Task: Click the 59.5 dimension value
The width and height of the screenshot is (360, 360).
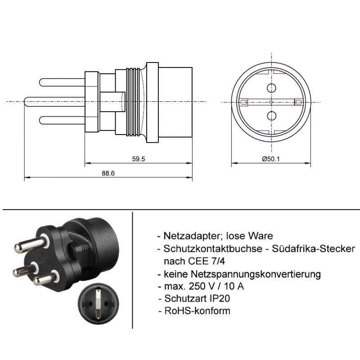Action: pos(139,159)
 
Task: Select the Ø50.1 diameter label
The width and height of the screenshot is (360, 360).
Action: pos(271,159)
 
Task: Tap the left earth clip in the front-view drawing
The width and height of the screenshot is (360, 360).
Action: pos(244,102)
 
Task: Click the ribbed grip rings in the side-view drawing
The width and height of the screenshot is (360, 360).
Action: pos(134,102)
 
